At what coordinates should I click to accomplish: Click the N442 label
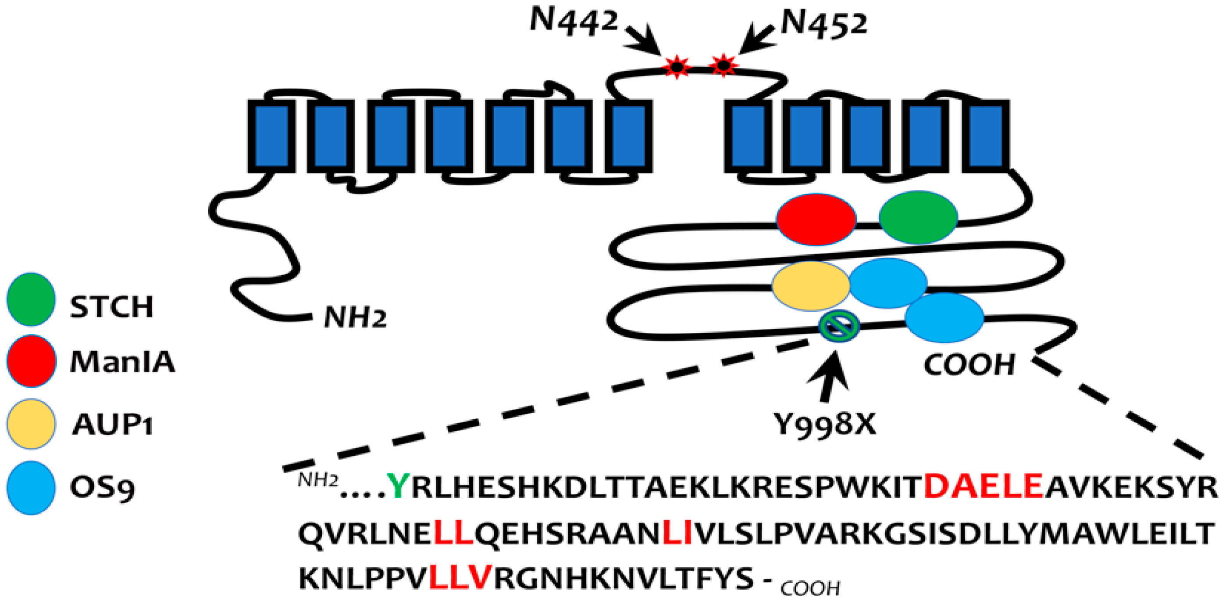pyautogui.click(x=574, y=22)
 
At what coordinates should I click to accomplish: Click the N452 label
pyautogui.click(x=824, y=24)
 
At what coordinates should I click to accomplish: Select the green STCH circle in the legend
pyautogui.click(x=31, y=299)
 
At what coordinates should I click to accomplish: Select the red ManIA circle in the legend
pyautogui.click(x=31, y=360)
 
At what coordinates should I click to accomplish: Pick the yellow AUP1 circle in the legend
pyautogui.click(x=31, y=424)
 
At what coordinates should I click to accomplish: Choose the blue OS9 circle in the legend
pyautogui.click(x=31, y=487)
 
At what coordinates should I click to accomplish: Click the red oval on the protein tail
pyautogui.click(x=816, y=219)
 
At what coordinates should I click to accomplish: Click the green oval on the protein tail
pyautogui.click(x=918, y=217)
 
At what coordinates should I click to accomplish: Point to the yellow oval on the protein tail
pyautogui.click(x=810, y=285)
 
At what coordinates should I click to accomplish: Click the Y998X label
pyautogui.click(x=824, y=424)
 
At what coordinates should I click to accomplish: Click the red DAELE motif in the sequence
pyautogui.click(x=983, y=486)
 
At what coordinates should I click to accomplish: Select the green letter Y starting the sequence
pyautogui.click(x=397, y=487)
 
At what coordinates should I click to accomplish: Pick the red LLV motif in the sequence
pyautogui.click(x=459, y=577)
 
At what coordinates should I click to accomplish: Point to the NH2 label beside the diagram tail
pyautogui.click(x=355, y=317)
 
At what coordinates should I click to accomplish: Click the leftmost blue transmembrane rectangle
pyautogui.click(x=271, y=136)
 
